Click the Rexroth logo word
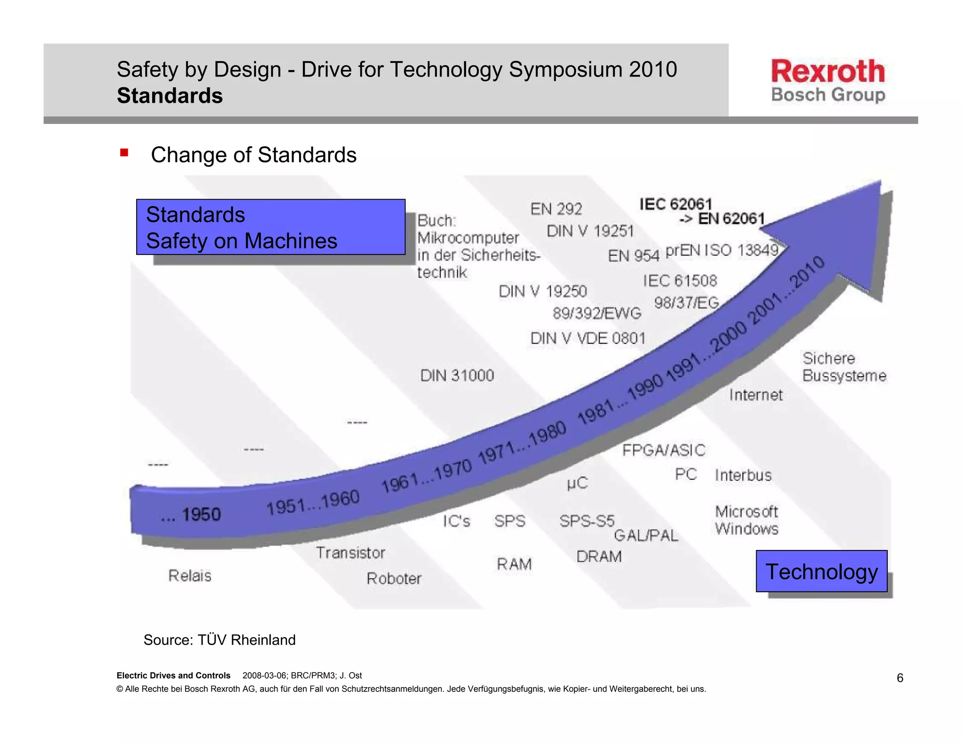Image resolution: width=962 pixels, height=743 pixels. tap(828, 71)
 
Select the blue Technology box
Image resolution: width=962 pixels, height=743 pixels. tap(821, 572)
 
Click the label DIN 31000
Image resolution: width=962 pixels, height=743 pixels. tap(457, 376)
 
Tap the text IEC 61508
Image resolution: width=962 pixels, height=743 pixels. tap(680, 281)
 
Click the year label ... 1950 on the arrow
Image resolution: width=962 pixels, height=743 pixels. tap(191, 515)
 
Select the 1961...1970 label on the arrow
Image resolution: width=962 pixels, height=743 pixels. tap(426, 476)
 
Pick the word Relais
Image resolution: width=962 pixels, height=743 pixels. tap(190, 576)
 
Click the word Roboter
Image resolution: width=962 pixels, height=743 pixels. tap(394, 579)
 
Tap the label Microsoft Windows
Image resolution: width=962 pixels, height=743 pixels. tap(746, 520)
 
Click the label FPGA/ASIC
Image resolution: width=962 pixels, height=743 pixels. tap(663, 450)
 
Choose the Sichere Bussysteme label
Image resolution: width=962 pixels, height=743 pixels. tap(844, 367)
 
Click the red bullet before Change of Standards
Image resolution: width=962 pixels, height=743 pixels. tap(124, 153)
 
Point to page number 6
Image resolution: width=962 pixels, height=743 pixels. tap(900, 678)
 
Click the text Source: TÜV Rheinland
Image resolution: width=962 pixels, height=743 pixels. tap(219, 640)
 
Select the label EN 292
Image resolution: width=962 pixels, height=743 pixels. tap(556, 209)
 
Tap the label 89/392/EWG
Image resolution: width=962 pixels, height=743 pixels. tap(597, 313)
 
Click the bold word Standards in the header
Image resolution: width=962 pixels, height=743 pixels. tap(170, 96)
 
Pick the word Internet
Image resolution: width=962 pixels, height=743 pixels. tap(756, 395)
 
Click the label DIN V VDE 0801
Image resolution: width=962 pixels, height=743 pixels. tap(588, 338)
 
